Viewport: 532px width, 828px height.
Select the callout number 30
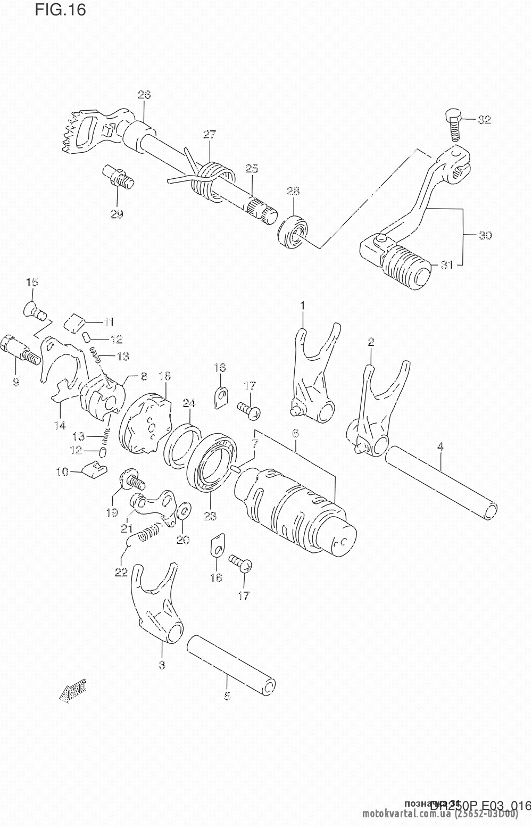pos(485,235)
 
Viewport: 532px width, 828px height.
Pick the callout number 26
pos(144,95)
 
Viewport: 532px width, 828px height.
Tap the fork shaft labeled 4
pos(441,482)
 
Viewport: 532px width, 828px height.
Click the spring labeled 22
pos(148,533)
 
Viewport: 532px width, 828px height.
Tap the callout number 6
pos(295,434)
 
